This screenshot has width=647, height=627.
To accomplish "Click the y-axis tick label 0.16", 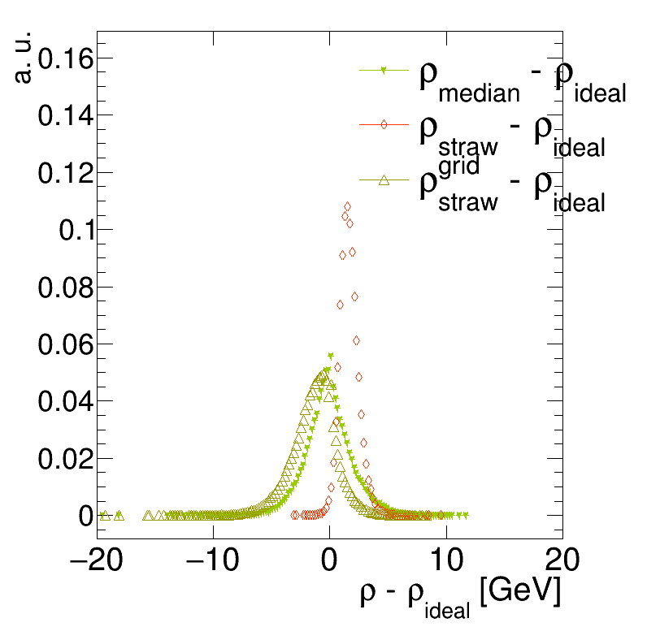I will (x=64, y=59).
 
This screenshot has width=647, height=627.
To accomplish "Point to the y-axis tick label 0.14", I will (x=64, y=116).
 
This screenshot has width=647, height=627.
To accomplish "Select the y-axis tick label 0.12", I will (x=64, y=173).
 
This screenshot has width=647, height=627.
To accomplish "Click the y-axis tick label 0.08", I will (x=64, y=287).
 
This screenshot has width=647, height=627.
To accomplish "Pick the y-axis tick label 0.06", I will (x=64, y=344).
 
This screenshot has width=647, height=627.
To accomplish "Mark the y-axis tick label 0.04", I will (x=64, y=401).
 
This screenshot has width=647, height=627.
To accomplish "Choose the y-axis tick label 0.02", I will (x=64, y=458).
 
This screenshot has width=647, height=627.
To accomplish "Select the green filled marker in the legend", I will (x=384, y=71).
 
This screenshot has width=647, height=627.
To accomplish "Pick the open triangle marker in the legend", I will (x=384, y=180).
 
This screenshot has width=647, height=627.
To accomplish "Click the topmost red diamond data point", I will (x=347, y=206).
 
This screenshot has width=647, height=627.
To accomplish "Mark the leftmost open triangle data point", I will (x=103, y=515).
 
